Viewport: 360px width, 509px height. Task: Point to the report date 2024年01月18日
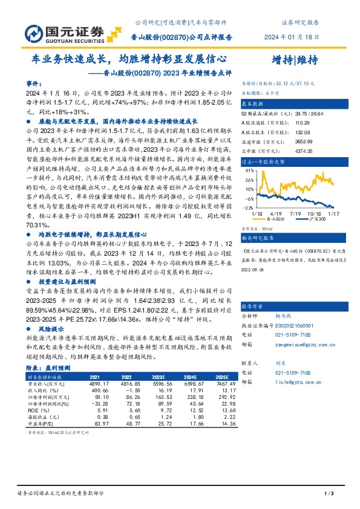(x=292, y=37)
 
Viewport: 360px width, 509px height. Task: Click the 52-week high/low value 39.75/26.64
(x=301, y=113)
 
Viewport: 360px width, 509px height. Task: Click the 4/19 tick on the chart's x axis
(x=277, y=213)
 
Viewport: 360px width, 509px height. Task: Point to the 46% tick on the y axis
(x=247, y=171)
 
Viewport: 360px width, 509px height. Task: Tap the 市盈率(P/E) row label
(x=40, y=424)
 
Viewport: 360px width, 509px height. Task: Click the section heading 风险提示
(x=51, y=328)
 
